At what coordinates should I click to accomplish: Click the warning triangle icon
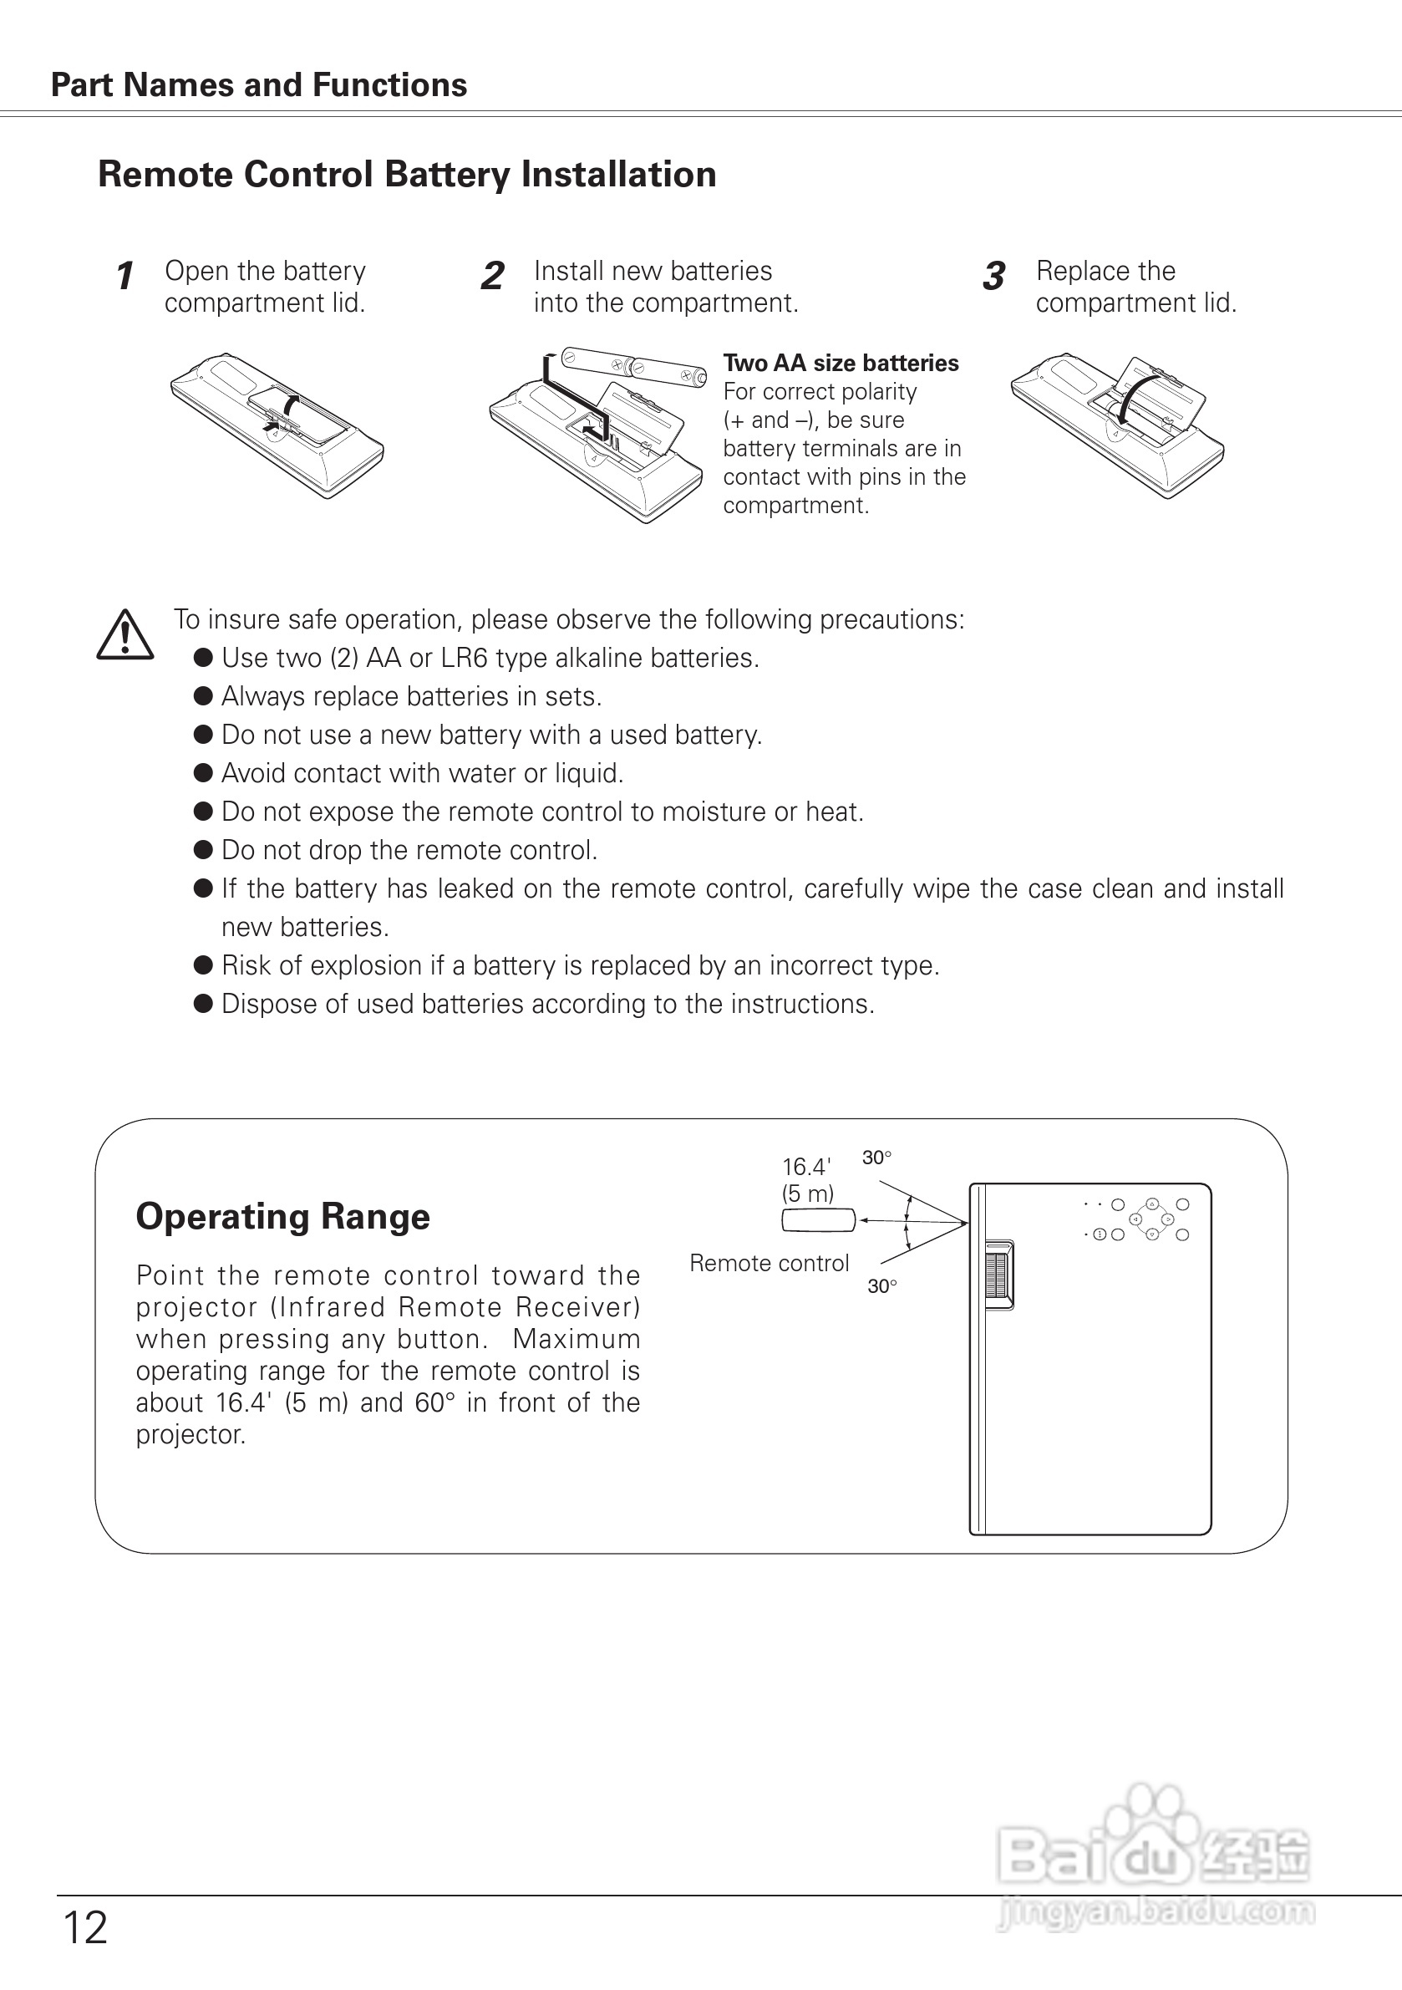tap(124, 635)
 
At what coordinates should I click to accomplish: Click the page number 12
tap(85, 1928)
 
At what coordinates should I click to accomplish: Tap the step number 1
tap(124, 277)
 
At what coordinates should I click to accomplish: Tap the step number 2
tap(492, 277)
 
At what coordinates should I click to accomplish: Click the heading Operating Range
tap(282, 1216)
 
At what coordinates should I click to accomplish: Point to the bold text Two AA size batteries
tap(841, 364)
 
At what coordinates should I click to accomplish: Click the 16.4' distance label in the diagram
tap(805, 1167)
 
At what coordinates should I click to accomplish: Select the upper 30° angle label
tap(877, 1158)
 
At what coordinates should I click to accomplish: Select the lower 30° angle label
tap(882, 1286)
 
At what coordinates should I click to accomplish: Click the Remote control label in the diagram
tap(769, 1263)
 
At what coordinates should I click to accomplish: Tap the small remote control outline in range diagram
tap(818, 1220)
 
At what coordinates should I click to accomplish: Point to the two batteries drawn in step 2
tap(632, 367)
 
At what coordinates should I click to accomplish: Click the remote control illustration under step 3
tap(1118, 425)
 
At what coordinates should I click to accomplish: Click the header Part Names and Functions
tap(259, 85)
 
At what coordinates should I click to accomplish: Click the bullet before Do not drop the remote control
tap(204, 850)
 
